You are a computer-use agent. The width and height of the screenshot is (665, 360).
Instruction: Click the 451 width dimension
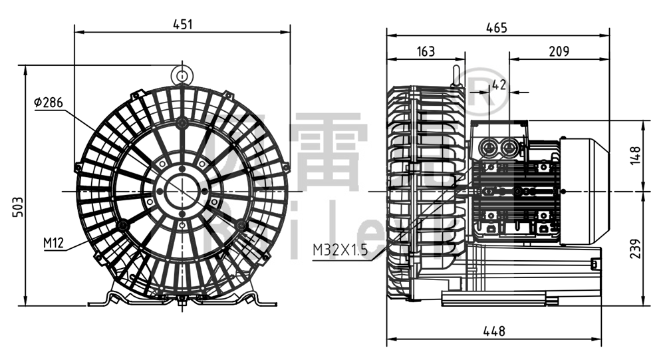point(182,24)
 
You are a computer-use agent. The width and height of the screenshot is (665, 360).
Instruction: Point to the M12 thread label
point(54,243)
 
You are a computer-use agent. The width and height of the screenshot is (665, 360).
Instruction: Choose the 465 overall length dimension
point(496,27)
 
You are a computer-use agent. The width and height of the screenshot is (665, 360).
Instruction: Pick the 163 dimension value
point(426,51)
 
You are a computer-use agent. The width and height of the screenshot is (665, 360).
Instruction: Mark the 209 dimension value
point(559,51)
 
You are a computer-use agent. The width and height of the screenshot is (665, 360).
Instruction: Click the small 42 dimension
point(499,85)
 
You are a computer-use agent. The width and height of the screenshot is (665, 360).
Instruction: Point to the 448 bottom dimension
point(493,331)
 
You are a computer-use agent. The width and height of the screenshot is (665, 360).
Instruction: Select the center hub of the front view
point(182,192)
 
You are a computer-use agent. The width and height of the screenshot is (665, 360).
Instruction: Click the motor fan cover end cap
point(585,191)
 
